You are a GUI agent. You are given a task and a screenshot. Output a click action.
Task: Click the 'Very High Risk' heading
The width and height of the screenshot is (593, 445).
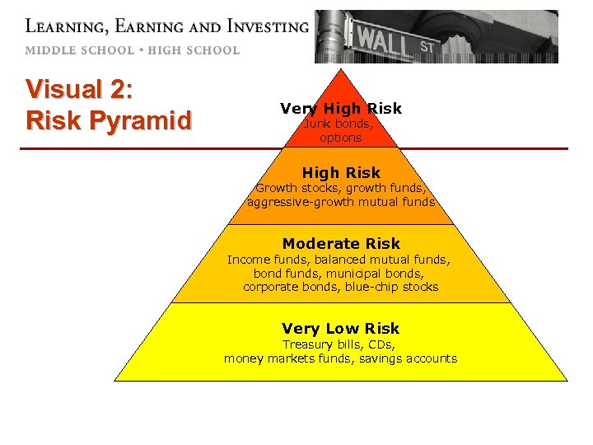coord(340,108)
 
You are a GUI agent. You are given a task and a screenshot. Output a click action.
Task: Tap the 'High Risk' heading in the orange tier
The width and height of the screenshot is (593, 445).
coord(340,172)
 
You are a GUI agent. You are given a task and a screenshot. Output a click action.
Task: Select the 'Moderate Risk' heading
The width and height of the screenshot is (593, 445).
coord(340,243)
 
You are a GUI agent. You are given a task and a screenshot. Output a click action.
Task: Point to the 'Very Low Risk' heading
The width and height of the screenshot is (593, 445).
coord(340,328)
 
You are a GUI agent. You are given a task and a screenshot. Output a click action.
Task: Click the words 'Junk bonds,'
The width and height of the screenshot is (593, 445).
coord(339,124)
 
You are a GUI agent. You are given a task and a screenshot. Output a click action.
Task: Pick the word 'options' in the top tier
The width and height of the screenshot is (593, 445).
coord(340,138)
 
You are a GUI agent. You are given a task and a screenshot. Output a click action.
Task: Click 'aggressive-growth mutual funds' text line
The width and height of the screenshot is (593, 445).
coord(340,201)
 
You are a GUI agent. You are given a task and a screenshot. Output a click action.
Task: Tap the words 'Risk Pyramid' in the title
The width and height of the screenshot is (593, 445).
coord(109,120)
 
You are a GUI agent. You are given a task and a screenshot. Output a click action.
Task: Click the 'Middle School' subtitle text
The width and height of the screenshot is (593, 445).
coord(79,49)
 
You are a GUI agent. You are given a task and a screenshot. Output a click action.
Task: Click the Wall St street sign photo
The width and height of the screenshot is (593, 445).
coord(436,36)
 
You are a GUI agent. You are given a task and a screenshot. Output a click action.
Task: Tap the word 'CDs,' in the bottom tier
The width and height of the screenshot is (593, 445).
coord(381,344)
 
